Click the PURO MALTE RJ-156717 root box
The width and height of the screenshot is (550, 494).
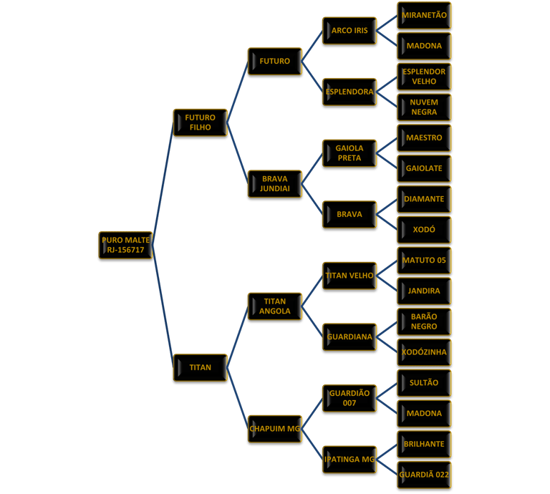126,245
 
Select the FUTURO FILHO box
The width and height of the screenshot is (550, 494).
201,122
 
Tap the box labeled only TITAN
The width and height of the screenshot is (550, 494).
201,367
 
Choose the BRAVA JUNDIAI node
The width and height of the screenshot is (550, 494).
275,183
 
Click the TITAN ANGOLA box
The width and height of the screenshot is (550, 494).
275,306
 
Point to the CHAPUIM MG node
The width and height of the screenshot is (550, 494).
275,429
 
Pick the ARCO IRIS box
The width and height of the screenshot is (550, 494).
349,31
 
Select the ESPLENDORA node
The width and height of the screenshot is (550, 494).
349,92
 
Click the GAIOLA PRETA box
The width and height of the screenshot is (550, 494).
349,153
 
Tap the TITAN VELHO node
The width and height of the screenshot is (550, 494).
349,276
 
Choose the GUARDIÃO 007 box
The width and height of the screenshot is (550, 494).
349,398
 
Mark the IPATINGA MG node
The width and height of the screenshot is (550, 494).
349,460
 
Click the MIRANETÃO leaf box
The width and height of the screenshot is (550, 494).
424,15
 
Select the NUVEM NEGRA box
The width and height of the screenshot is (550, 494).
424,107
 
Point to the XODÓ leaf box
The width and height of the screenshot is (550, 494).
424,230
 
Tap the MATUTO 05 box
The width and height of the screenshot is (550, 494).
424,261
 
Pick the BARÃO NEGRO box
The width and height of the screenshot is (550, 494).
424,321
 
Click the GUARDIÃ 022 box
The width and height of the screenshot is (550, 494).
424,475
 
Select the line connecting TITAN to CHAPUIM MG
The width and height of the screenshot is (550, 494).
238,398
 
